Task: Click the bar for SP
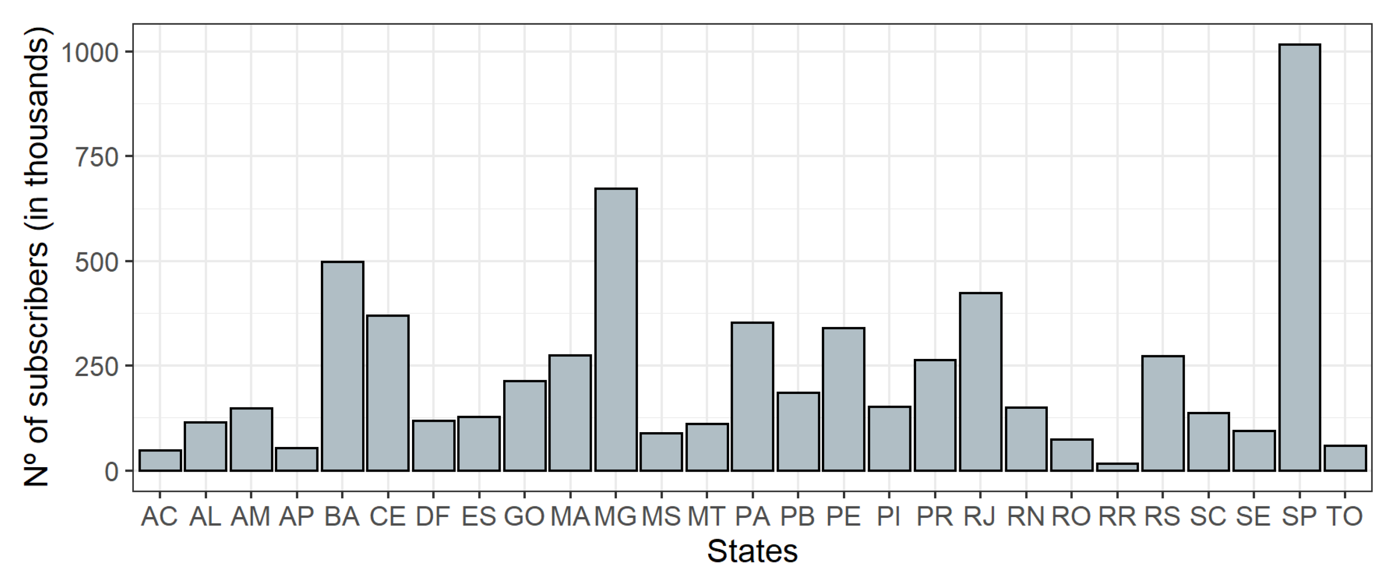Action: coord(1299,258)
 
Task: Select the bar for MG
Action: coord(616,329)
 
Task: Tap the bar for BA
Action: coord(342,366)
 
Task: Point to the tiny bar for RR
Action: coord(1117,467)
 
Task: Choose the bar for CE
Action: coord(388,393)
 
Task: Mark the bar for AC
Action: coord(160,461)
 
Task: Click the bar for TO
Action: coord(1345,459)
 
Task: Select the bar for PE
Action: coord(844,399)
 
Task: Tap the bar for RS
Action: coord(1163,413)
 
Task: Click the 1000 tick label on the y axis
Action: coord(90,53)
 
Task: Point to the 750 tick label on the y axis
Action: coord(97,157)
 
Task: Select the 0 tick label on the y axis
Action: coord(111,472)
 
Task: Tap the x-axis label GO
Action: coord(524,517)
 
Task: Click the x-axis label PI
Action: coord(889,517)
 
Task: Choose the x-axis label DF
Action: coord(433,517)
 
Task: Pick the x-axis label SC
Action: coord(1208,517)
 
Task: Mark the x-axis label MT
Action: coord(707,517)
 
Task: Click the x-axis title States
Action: coord(752,552)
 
